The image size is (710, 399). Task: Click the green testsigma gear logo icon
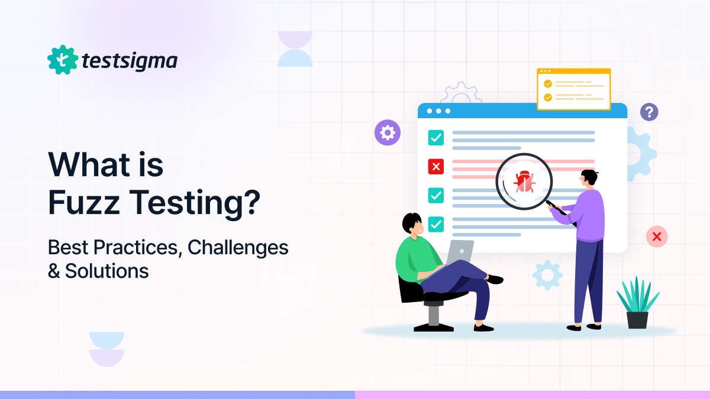[63, 60]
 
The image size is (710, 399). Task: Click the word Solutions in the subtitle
[107, 271]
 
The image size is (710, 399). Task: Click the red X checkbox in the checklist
[435, 167]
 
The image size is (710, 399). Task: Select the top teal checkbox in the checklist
[435, 138]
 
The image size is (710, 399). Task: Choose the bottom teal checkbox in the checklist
[435, 224]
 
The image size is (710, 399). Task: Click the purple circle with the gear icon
[388, 132]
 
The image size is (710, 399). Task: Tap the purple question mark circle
[649, 112]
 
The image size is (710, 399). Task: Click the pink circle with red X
[656, 236]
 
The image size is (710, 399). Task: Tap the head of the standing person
[588, 180]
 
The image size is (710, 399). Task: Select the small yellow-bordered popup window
[573, 89]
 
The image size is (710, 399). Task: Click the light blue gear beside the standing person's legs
[547, 275]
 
